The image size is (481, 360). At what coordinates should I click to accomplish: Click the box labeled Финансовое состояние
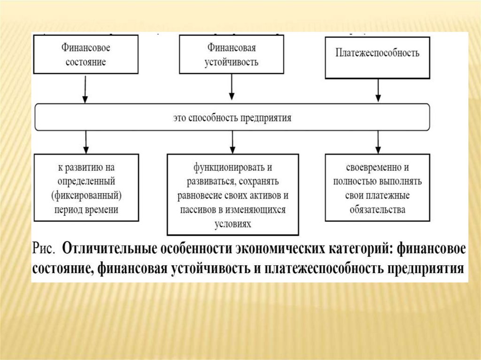point(85,54)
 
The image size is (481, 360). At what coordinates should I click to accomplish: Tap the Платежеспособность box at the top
point(377,58)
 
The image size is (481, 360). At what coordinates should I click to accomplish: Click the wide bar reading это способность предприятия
point(232,117)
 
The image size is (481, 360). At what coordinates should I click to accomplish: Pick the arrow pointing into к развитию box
point(85,142)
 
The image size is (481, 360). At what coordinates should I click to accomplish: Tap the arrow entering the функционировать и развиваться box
point(232,142)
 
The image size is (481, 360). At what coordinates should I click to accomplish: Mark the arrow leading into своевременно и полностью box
point(377,142)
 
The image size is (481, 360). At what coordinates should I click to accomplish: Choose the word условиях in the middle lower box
point(233,224)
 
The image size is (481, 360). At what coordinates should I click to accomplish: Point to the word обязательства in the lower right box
point(377,209)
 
